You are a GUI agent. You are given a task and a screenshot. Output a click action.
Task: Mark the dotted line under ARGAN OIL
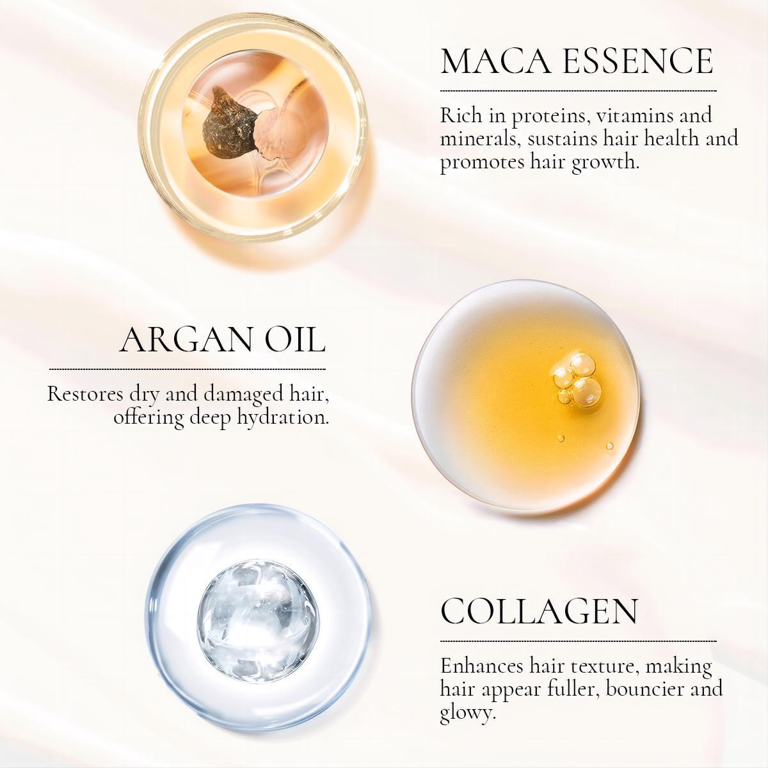pyautogui.click(x=187, y=369)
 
